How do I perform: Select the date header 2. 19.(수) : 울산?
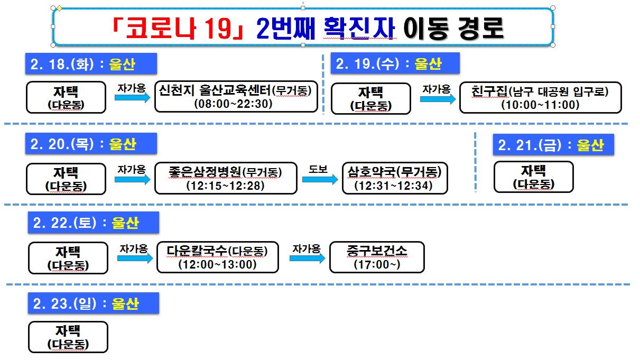point(395,64)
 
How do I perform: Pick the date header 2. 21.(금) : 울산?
point(553,145)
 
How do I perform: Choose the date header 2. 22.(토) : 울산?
point(94,223)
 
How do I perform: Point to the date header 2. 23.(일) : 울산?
point(94,303)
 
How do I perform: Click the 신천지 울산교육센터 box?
point(236,97)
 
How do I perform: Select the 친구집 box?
point(540,98)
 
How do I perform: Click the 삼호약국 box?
point(395,178)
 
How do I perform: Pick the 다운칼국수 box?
point(218,257)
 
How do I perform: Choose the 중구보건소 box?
point(377,257)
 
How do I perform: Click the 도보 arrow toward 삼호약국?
point(320,180)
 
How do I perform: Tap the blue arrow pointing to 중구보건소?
point(308,258)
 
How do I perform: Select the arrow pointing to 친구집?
point(438,99)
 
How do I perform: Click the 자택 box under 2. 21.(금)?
point(533,177)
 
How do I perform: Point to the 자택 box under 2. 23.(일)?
point(68,337)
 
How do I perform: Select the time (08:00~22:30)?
point(233,104)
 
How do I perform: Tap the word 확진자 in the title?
point(359,29)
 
